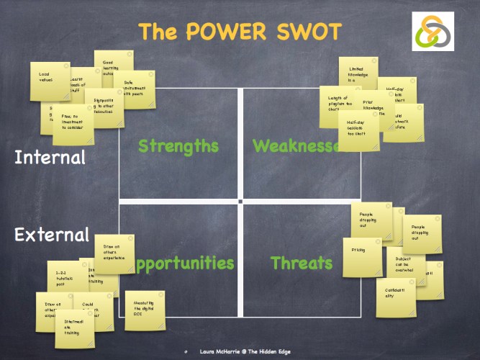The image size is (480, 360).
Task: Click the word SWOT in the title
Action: [x=303, y=32]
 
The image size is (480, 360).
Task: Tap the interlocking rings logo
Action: [x=433, y=31]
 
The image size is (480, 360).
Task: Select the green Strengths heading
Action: [x=178, y=146]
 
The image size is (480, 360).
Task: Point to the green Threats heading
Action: [x=302, y=264]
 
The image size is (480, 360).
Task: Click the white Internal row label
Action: [x=50, y=157]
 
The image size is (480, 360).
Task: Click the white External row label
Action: [x=52, y=235]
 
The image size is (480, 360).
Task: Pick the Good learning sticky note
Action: [x=114, y=67]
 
